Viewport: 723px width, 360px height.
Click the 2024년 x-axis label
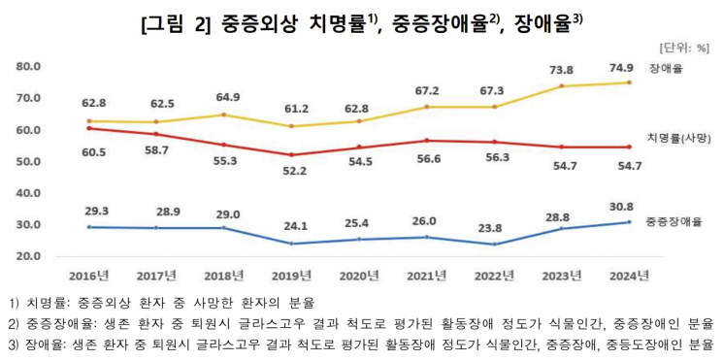pos(628,276)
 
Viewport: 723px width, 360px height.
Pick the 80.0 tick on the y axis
pos(29,67)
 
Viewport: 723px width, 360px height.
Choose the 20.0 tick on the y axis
pos(29,256)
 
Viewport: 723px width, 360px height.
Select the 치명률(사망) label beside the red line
pos(678,139)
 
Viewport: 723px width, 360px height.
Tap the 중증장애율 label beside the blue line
pos(674,222)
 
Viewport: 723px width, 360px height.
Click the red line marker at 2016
pos(89,128)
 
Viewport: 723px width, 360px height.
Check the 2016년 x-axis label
pos(90,276)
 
